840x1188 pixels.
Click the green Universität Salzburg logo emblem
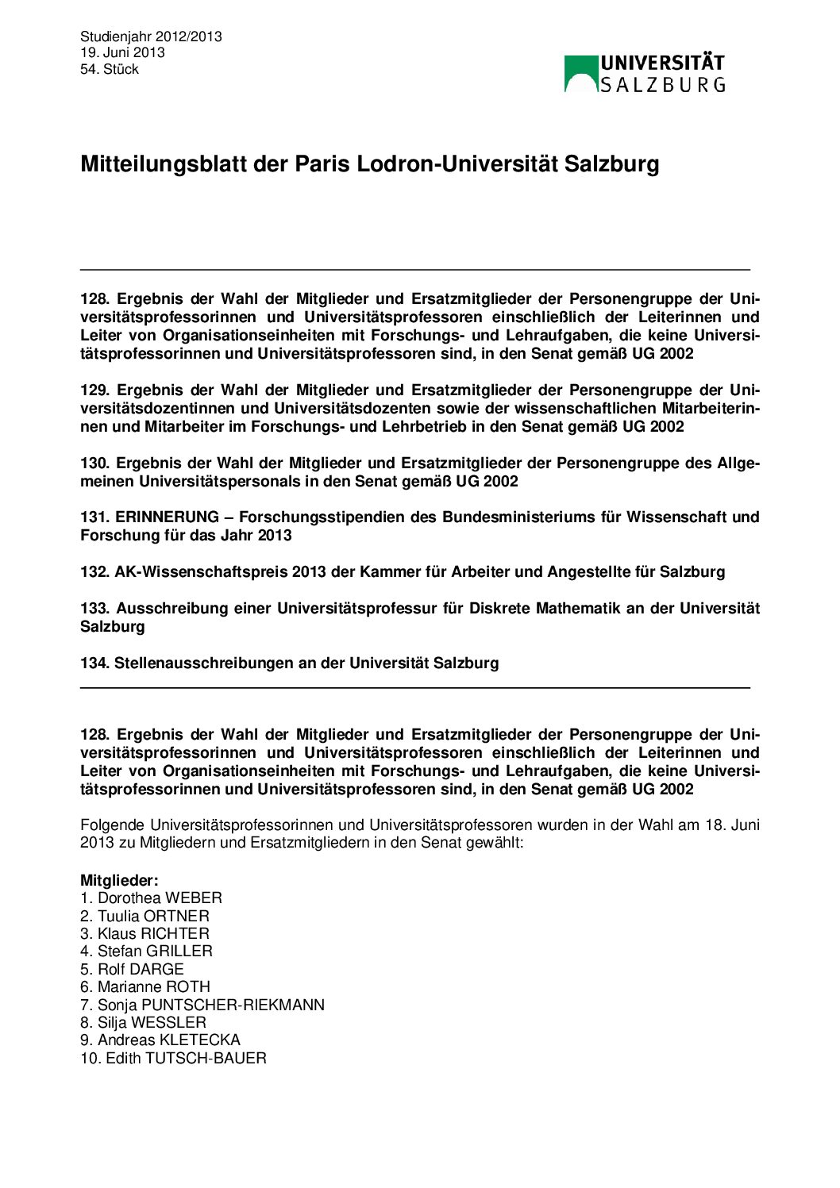581,74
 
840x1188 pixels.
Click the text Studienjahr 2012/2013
151,37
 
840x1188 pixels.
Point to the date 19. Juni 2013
122,52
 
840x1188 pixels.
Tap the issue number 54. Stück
110,69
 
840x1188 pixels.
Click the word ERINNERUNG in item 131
167,517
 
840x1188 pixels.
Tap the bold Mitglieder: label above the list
119,880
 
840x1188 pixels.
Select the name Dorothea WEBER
160,898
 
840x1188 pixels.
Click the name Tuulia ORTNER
153,916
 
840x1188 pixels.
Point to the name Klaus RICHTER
153,934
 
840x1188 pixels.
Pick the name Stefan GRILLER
155,952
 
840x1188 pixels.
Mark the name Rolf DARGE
141,969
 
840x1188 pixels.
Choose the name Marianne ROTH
154,987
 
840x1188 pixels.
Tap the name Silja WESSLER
152,1023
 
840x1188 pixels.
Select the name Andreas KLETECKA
168,1040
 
